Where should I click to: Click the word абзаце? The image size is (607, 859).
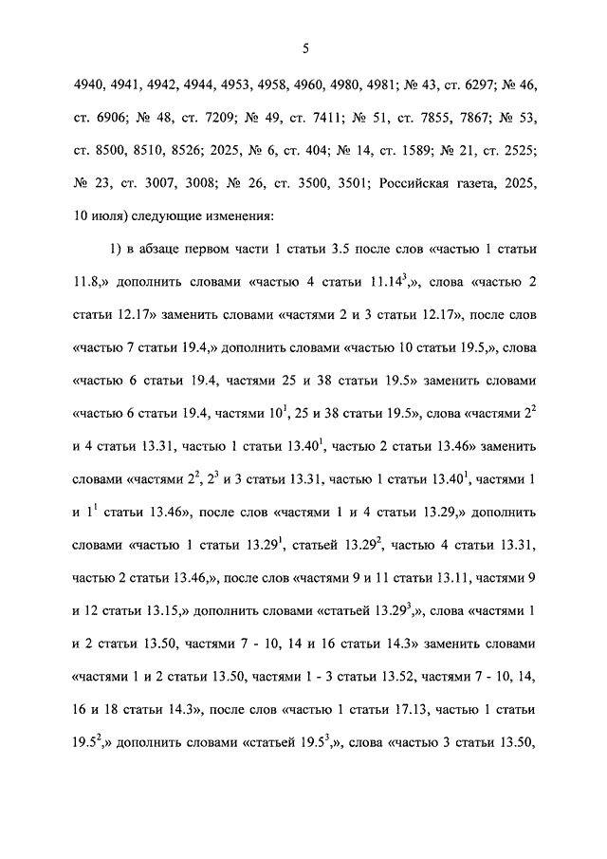(157, 250)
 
